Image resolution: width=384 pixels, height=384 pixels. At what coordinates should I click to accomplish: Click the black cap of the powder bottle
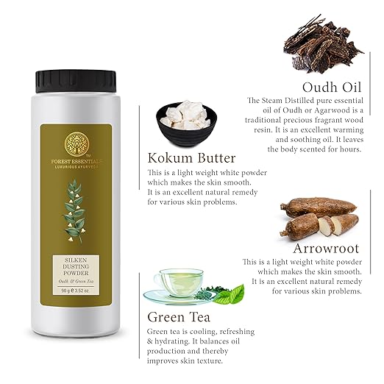point(76,82)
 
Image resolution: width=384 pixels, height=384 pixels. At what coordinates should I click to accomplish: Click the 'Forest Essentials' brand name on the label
point(77,162)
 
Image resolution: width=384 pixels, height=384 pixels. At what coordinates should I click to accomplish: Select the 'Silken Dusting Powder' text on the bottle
point(76,266)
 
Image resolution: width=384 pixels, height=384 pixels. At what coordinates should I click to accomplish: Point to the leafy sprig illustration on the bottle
point(74,211)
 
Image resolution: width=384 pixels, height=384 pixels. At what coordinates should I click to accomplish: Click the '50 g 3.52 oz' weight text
point(76,291)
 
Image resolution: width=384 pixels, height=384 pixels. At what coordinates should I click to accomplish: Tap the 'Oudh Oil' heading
point(332,87)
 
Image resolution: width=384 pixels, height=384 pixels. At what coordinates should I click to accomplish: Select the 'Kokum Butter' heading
point(191,158)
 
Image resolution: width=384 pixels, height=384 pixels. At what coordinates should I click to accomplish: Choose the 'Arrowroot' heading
point(326,249)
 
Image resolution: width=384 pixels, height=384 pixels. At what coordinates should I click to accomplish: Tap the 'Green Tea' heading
point(179,317)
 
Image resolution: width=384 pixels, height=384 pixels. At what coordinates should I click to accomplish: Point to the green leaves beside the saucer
point(228,294)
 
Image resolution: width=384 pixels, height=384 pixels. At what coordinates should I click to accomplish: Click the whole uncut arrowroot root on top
point(319,207)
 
